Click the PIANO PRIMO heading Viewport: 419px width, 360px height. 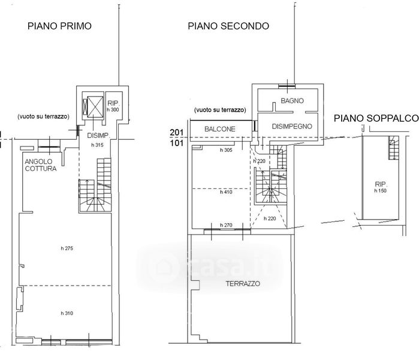click(x=59, y=26)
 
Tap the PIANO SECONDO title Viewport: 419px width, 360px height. click(x=228, y=26)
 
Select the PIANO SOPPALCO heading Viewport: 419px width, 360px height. click(x=376, y=118)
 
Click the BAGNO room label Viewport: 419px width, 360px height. click(x=293, y=101)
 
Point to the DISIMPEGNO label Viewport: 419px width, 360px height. click(x=292, y=126)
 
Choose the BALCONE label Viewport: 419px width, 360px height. click(x=219, y=129)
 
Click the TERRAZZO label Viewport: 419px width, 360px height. click(x=243, y=284)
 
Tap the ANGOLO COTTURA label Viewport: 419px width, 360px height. click(x=41, y=165)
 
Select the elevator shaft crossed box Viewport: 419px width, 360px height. click(x=95, y=107)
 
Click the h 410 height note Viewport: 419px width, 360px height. click(x=226, y=192)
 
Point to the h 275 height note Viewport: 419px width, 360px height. click(x=67, y=248)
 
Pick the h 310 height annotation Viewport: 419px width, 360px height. click(x=67, y=313)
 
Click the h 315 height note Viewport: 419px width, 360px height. click(x=97, y=145)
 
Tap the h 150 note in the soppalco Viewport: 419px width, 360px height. click(x=380, y=191)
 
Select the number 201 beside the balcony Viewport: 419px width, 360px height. click(x=177, y=133)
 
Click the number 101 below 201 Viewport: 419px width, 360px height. click(x=177, y=143)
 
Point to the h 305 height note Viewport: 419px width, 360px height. click(x=226, y=150)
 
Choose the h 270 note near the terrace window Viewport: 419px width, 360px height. click(x=226, y=225)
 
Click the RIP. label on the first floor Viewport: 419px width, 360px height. click(x=113, y=103)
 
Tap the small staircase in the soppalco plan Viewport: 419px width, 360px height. click(x=394, y=148)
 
